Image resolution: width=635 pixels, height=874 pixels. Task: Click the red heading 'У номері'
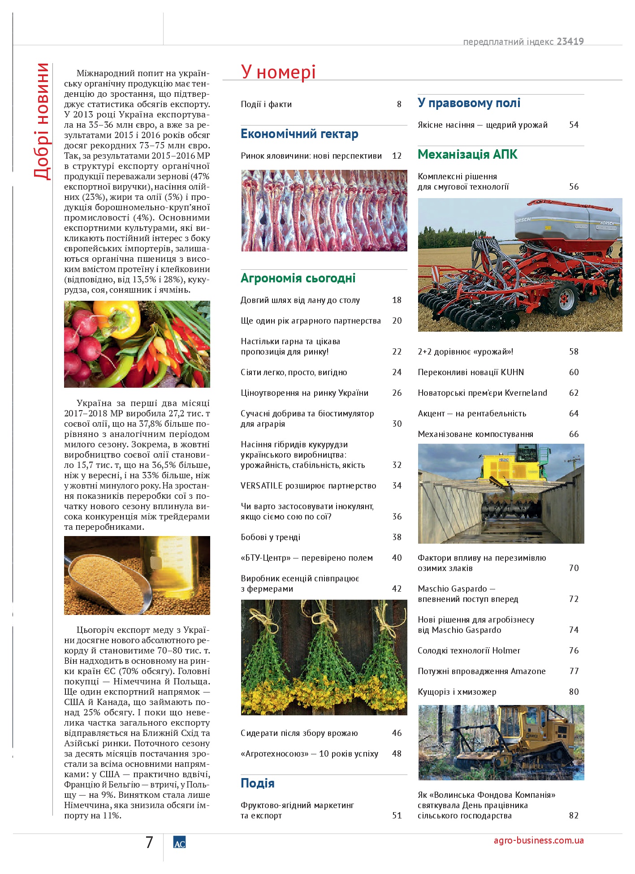[x=278, y=72]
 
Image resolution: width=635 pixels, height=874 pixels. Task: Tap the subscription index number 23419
[x=570, y=42]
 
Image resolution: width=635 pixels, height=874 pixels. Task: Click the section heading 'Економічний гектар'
[x=299, y=134]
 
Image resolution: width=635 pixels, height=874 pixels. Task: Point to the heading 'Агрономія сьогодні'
[x=298, y=278]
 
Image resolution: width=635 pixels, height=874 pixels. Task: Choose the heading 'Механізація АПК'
[x=467, y=155]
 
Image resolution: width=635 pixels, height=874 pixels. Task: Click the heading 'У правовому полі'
[x=469, y=103]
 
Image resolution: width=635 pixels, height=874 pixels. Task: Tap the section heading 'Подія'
[x=257, y=783]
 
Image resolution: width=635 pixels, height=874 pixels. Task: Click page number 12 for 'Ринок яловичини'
[x=397, y=156]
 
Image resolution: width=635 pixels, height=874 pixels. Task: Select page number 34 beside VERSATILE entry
[x=397, y=486]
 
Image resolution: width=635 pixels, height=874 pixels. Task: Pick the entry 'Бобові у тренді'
[x=270, y=537]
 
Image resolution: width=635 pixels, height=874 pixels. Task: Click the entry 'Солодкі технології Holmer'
[x=469, y=651]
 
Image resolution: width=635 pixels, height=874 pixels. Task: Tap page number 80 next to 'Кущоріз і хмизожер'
[x=574, y=692]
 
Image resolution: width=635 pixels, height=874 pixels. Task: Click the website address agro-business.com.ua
[x=539, y=840]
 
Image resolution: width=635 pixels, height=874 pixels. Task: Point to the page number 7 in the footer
[x=149, y=843]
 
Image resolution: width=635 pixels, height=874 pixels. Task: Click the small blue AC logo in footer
[x=179, y=843]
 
